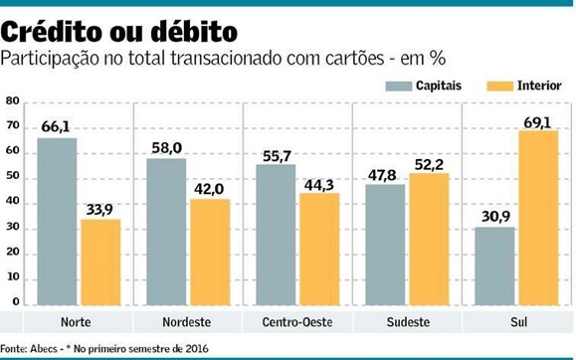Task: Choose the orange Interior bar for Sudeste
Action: [x=429, y=239]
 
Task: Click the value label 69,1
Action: [x=538, y=120]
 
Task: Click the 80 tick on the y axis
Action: [x=12, y=101]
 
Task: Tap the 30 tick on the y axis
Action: [x=12, y=228]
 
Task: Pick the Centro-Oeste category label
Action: [x=297, y=323]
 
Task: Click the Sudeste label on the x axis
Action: [x=407, y=323]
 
